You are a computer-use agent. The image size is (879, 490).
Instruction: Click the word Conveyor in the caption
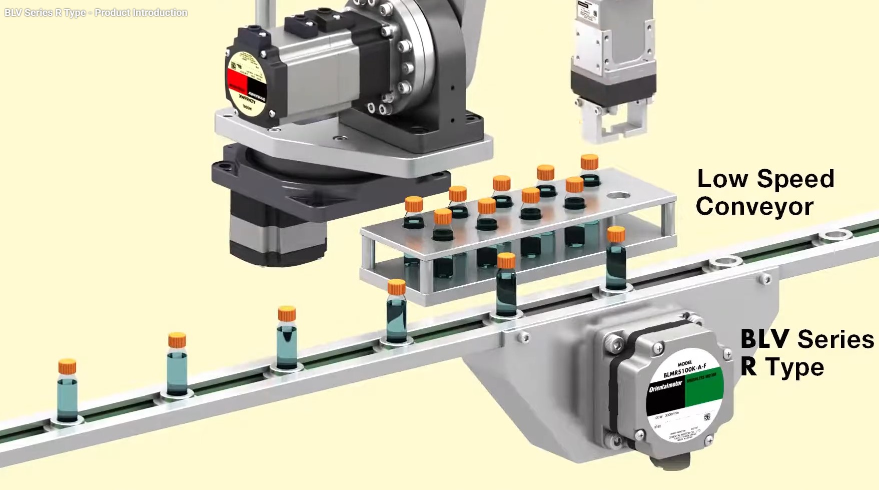point(754,207)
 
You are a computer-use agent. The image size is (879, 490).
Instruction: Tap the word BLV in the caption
point(765,339)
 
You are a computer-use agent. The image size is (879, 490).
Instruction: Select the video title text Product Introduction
point(141,13)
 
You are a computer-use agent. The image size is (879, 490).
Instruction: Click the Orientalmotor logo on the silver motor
point(665,387)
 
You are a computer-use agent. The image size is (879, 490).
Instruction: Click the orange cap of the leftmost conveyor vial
point(67,366)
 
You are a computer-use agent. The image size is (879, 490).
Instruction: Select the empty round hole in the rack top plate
point(618,196)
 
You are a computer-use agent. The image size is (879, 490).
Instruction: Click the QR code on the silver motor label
point(707,417)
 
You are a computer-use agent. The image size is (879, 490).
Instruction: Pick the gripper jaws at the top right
point(613,120)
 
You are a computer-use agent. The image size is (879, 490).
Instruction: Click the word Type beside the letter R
point(794,367)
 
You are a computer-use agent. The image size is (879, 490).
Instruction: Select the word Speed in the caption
point(795,179)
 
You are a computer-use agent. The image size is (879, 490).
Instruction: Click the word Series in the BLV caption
point(835,339)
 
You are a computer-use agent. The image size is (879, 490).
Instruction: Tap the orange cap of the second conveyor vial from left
point(177,340)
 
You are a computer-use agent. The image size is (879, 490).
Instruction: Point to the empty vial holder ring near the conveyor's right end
point(834,234)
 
